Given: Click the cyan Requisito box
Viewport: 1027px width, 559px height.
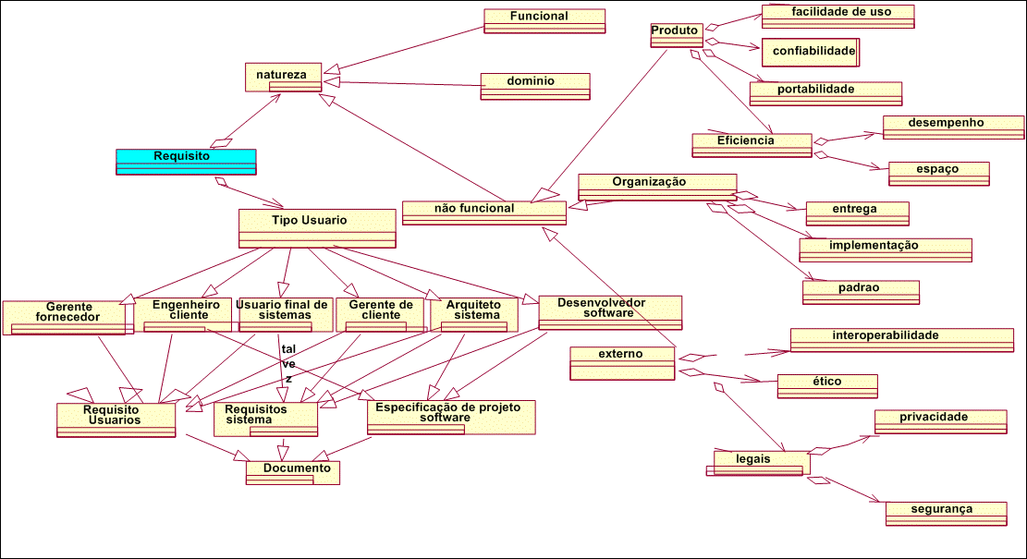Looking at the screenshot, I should (185, 161).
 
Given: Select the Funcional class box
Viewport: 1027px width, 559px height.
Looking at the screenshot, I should (544, 20).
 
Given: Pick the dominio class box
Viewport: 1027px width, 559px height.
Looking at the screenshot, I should (534, 86).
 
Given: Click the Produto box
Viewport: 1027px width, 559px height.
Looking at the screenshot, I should (676, 35).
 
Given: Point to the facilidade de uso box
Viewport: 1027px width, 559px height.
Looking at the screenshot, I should (838, 16).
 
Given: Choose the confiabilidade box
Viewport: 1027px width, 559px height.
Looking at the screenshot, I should (811, 52).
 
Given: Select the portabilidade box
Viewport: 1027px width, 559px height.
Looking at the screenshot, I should (825, 92).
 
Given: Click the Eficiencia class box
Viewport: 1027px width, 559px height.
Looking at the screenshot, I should (751, 145).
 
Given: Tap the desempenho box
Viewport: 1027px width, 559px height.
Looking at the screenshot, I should (953, 127).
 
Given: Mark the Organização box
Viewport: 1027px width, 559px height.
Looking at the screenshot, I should (656, 187).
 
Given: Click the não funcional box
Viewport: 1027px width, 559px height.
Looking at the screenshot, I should (483, 213).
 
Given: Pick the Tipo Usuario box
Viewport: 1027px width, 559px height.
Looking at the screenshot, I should (317, 227).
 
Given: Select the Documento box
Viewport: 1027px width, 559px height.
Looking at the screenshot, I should (293, 472).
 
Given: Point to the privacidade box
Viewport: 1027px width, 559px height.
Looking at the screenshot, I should (940, 420).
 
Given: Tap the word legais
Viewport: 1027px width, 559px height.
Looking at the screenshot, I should (753, 458).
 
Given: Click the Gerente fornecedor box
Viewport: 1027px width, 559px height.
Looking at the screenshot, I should (64, 316).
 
